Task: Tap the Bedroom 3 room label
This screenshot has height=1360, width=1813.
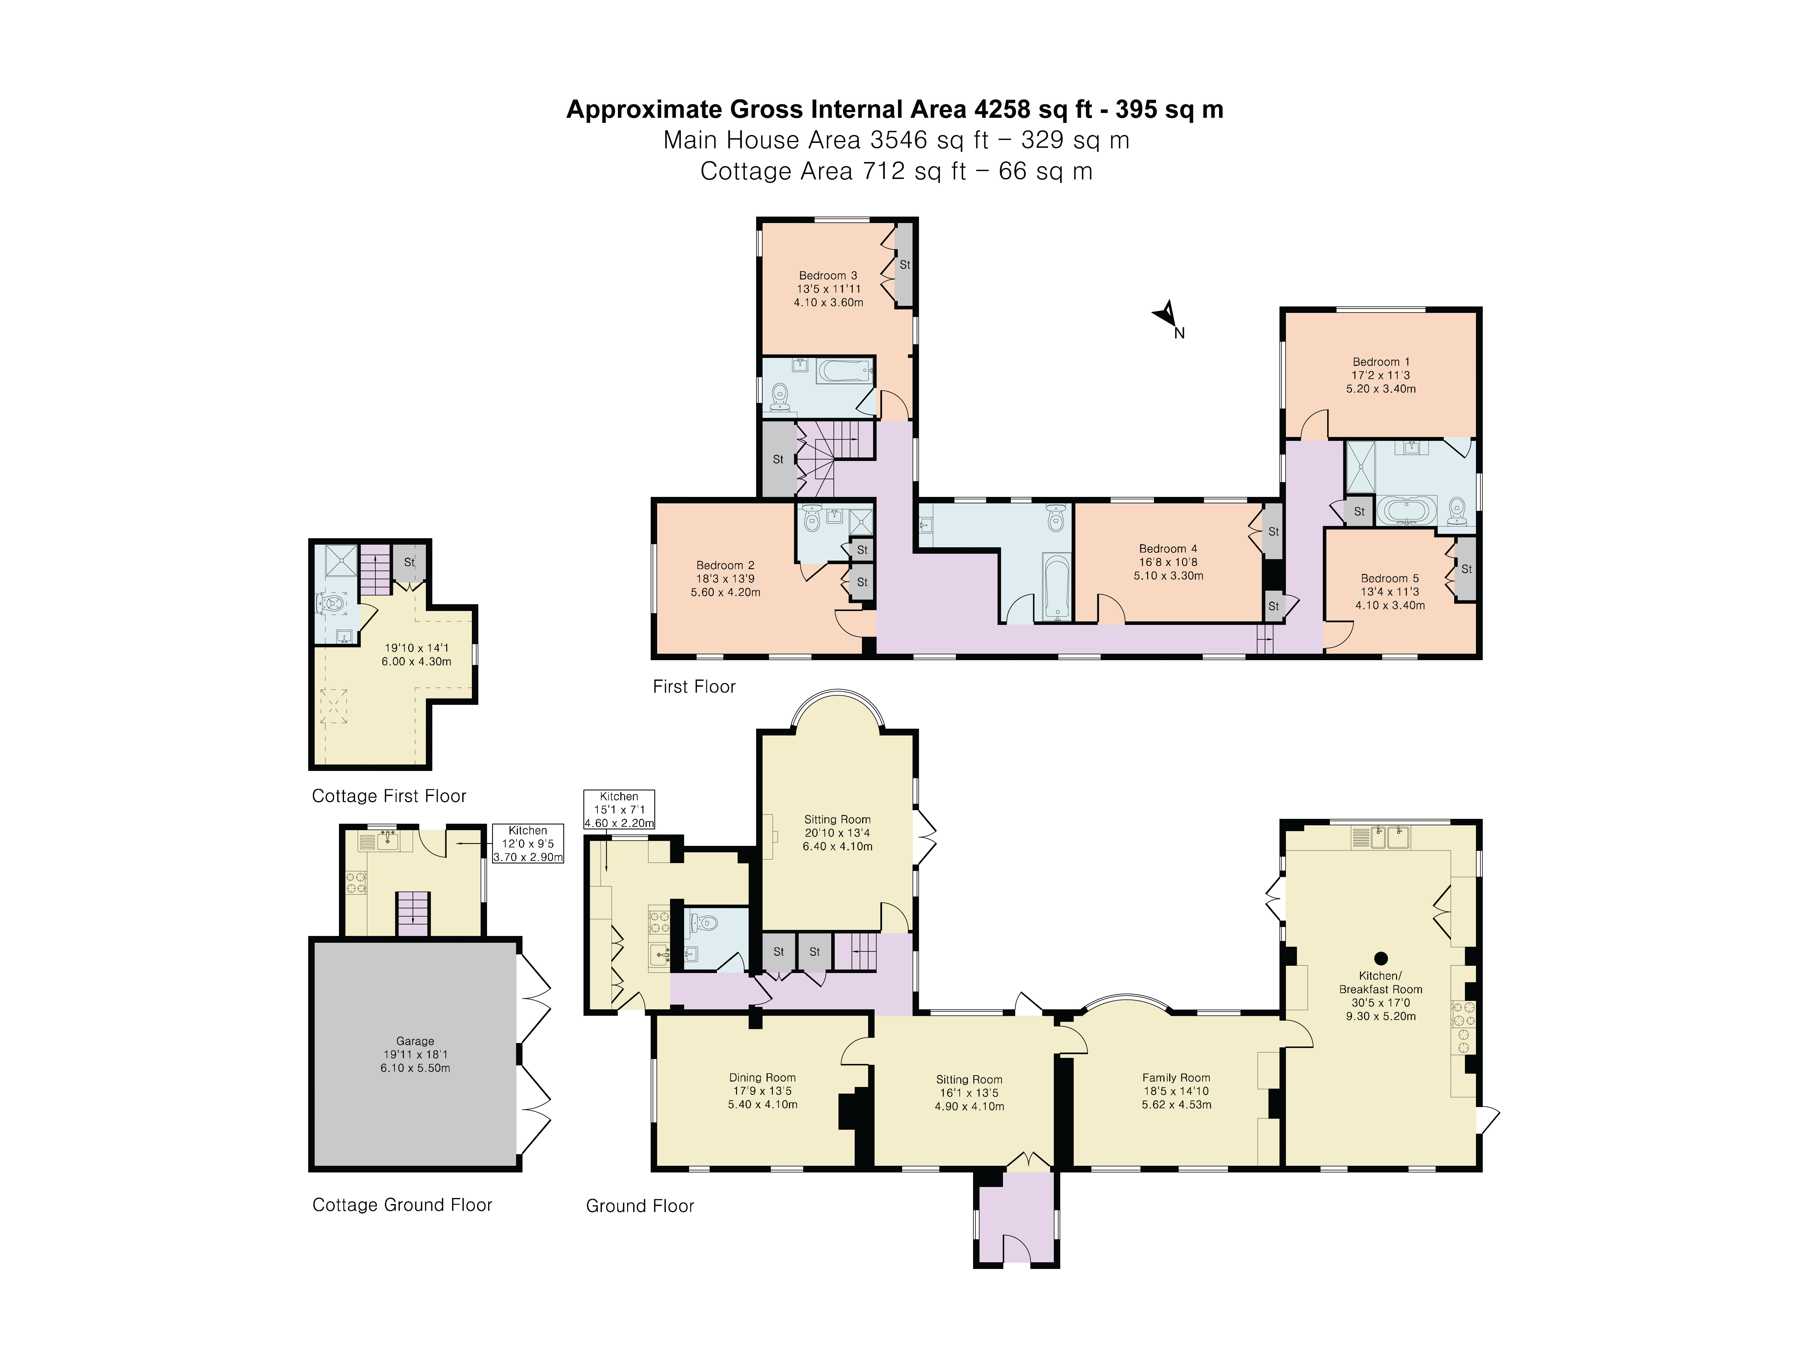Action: (828, 275)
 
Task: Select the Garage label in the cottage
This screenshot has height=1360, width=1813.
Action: (415, 1041)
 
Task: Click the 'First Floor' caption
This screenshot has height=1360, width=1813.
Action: (693, 687)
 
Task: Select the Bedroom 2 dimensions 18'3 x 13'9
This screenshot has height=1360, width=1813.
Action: (725, 579)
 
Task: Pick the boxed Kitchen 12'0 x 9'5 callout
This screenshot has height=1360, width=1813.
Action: (528, 843)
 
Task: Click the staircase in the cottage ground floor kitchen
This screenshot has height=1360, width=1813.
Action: (412, 913)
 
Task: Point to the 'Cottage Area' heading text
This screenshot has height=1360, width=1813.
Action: (777, 171)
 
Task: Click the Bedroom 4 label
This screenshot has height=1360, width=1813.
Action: (1168, 549)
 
